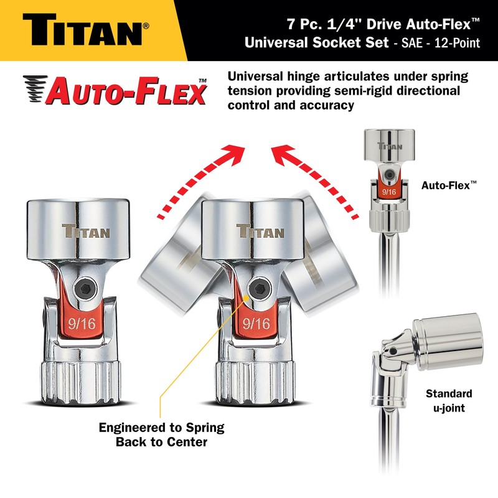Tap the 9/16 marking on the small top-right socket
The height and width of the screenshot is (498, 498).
tap(389, 192)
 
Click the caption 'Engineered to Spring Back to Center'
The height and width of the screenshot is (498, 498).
tap(161, 435)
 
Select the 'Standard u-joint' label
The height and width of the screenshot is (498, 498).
tap(449, 400)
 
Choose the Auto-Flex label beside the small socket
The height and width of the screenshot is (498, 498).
tap(448, 185)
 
